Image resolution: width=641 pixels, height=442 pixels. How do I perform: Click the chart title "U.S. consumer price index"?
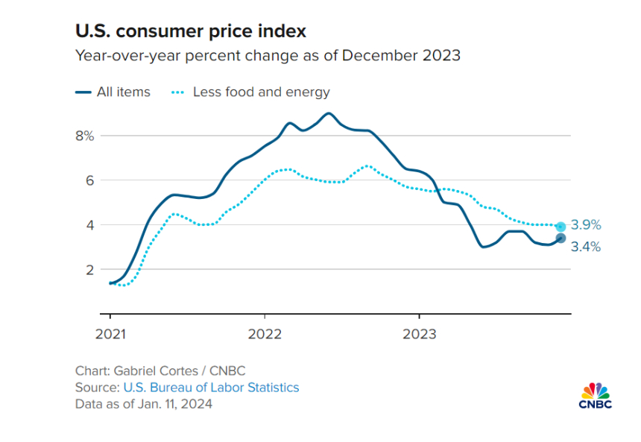tap(190, 31)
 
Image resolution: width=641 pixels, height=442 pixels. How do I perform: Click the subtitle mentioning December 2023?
tap(268, 56)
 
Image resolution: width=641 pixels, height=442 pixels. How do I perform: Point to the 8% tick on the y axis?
tap(84, 136)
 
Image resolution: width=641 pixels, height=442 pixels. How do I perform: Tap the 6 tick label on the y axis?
tap(89, 180)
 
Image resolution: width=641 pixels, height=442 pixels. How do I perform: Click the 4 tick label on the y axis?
tap(89, 224)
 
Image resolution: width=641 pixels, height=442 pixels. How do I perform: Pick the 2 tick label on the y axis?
tap(89, 269)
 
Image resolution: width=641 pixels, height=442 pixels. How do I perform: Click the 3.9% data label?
tap(586, 225)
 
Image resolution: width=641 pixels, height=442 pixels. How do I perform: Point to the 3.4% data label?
tap(586, 247)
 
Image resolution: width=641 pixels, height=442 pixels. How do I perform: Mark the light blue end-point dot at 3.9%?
tap(561, 226)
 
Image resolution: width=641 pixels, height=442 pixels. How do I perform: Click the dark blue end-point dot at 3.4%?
tap(561, 239)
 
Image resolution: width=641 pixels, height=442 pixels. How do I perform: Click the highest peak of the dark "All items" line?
tap(328, 113)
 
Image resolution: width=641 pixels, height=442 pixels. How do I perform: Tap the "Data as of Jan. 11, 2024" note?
tap(143, 404)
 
